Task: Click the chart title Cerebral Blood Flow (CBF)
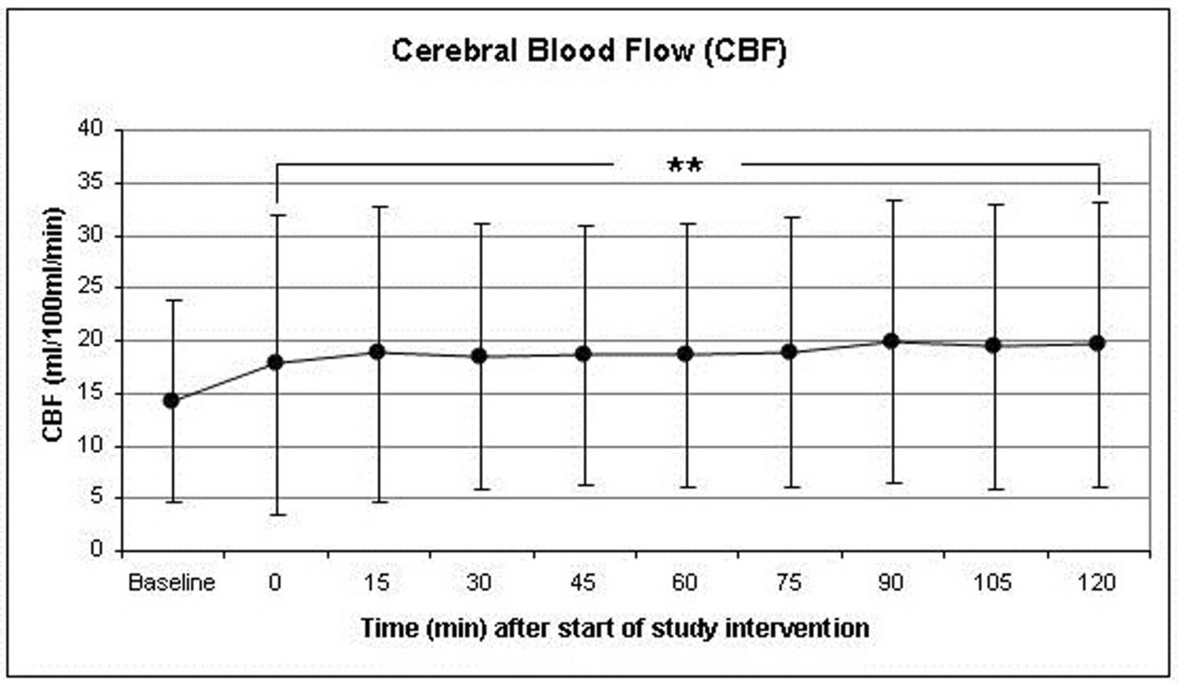(589, 51)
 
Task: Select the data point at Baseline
(171, 400)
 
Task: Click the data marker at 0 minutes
(275, 362)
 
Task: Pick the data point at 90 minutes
(891, 340)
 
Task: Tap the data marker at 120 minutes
(1098, 343)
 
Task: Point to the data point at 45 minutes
(583, 354)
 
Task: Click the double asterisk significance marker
(684, 166)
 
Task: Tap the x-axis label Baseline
(171, 583)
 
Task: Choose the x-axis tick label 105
(993, 583)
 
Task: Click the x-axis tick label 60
(685, 583)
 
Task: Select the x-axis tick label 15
(377, 583)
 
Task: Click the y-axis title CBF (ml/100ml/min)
(53, 324)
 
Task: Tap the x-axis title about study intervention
(615, 629)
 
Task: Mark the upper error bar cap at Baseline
(171, 300)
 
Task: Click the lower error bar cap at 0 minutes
(275, 515)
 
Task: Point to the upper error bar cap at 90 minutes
(891, 200)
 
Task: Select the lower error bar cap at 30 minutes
(480, 489)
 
